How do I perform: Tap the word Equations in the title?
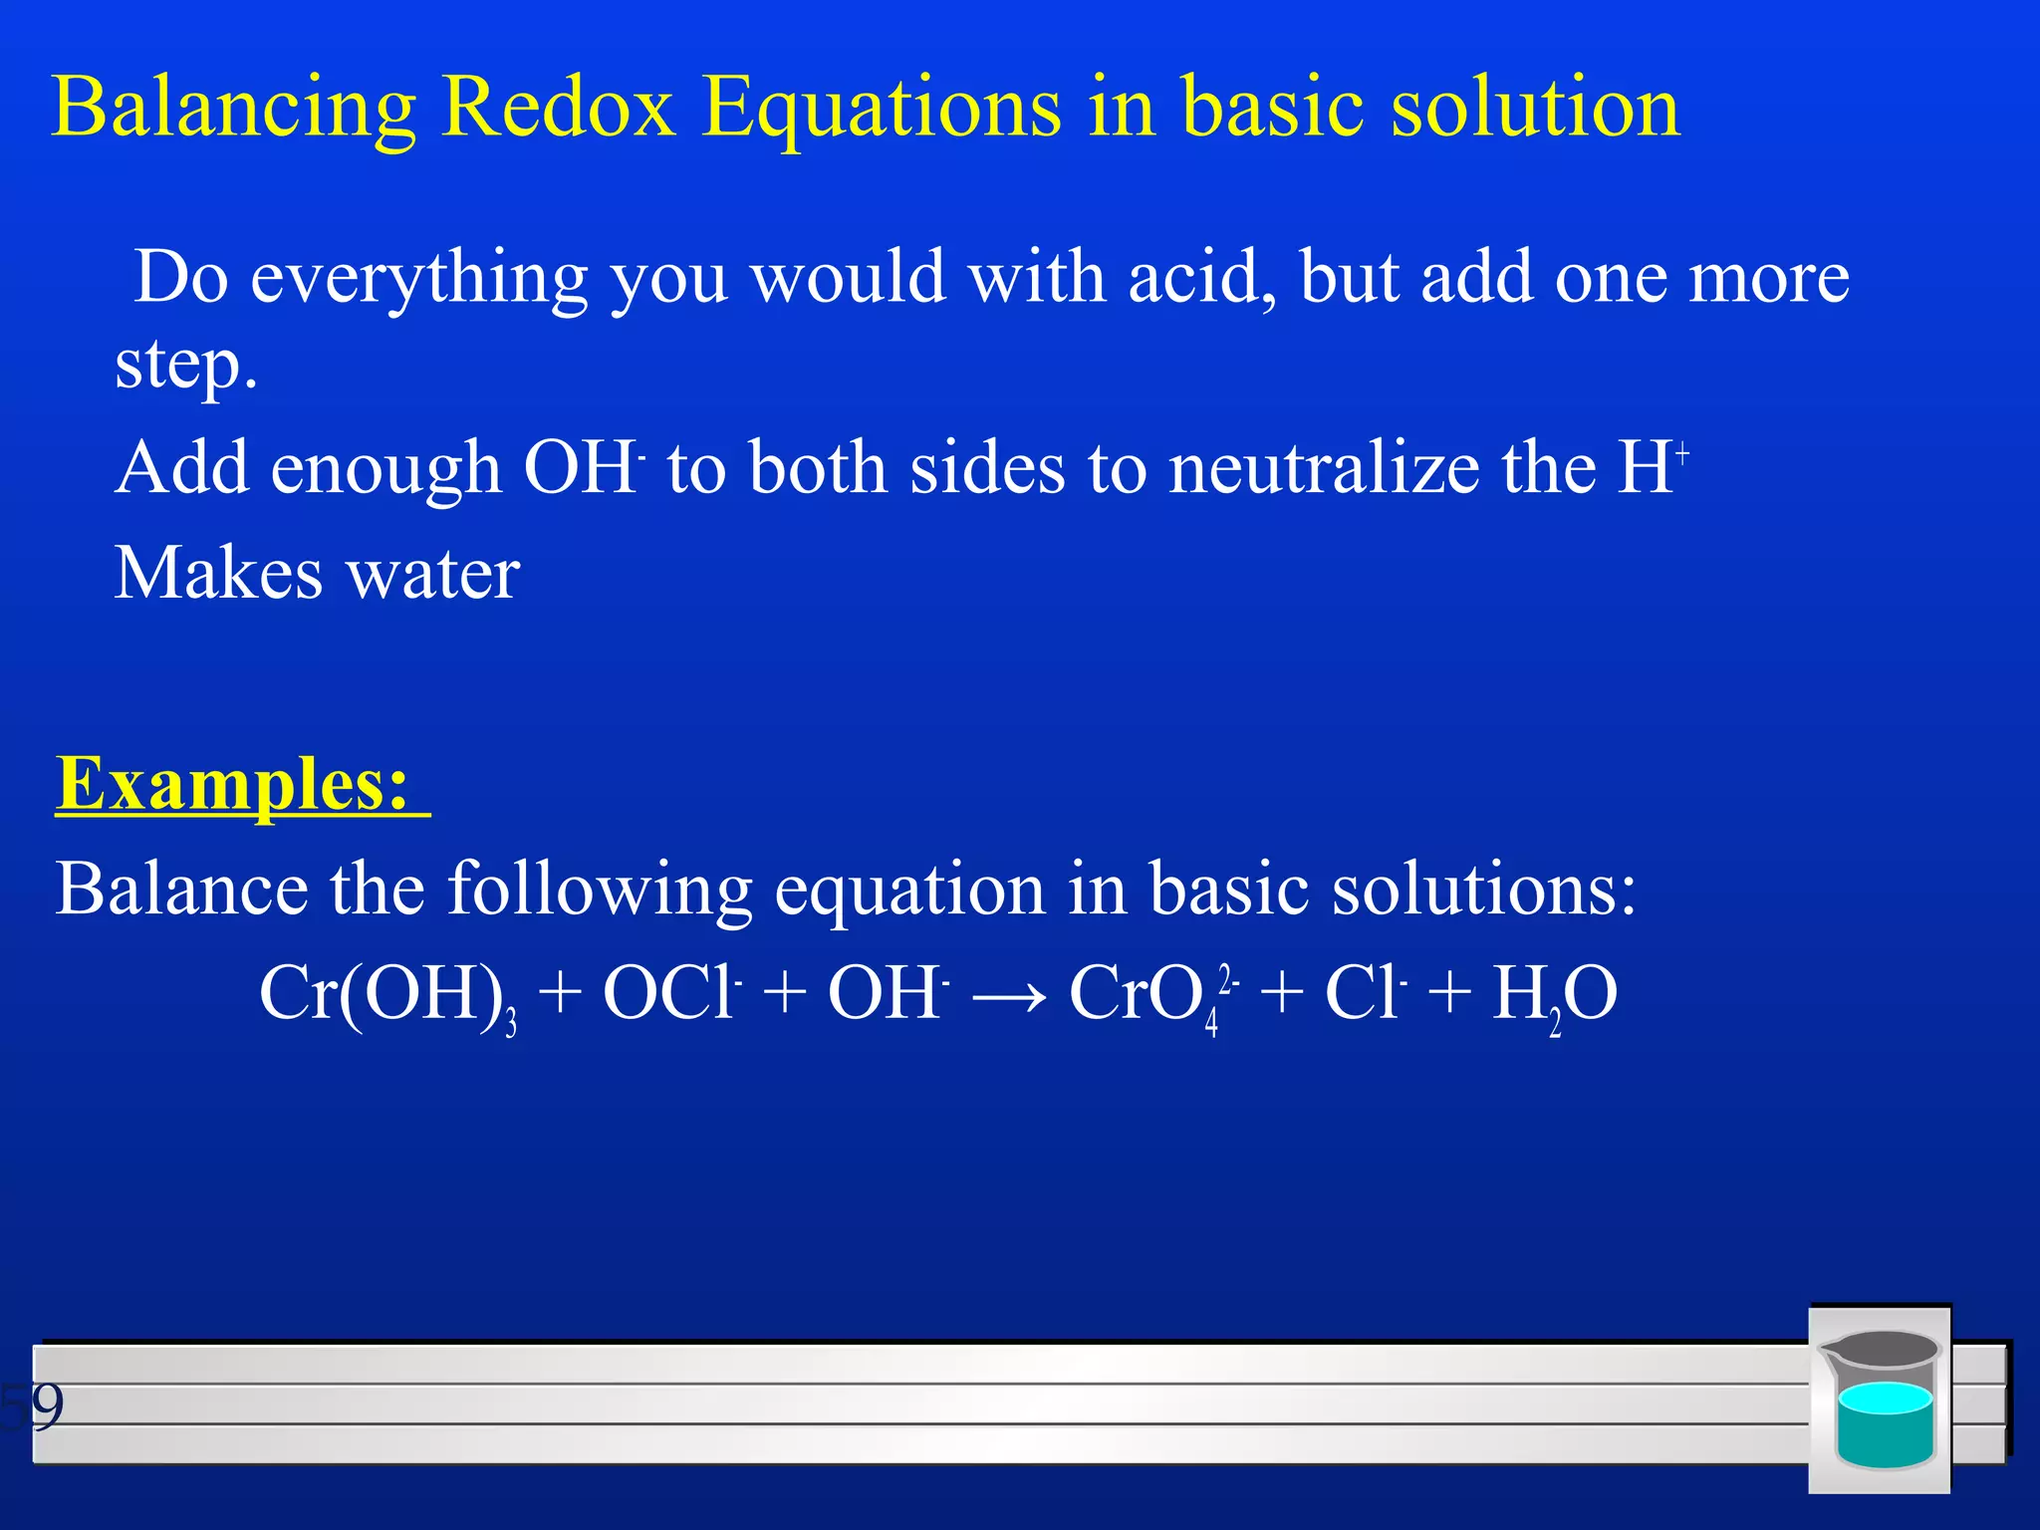(x=881, y=108)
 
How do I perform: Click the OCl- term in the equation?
(x=671, y=993)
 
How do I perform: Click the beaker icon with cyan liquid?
(x=1880, y=1400)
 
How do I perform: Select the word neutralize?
(x=1324, y=467)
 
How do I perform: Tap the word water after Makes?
(x=432, y=574)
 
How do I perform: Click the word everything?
(x=418, y=279)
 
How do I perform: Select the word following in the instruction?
(x=599, y=889)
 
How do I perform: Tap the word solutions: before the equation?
(x=1484, y=889)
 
